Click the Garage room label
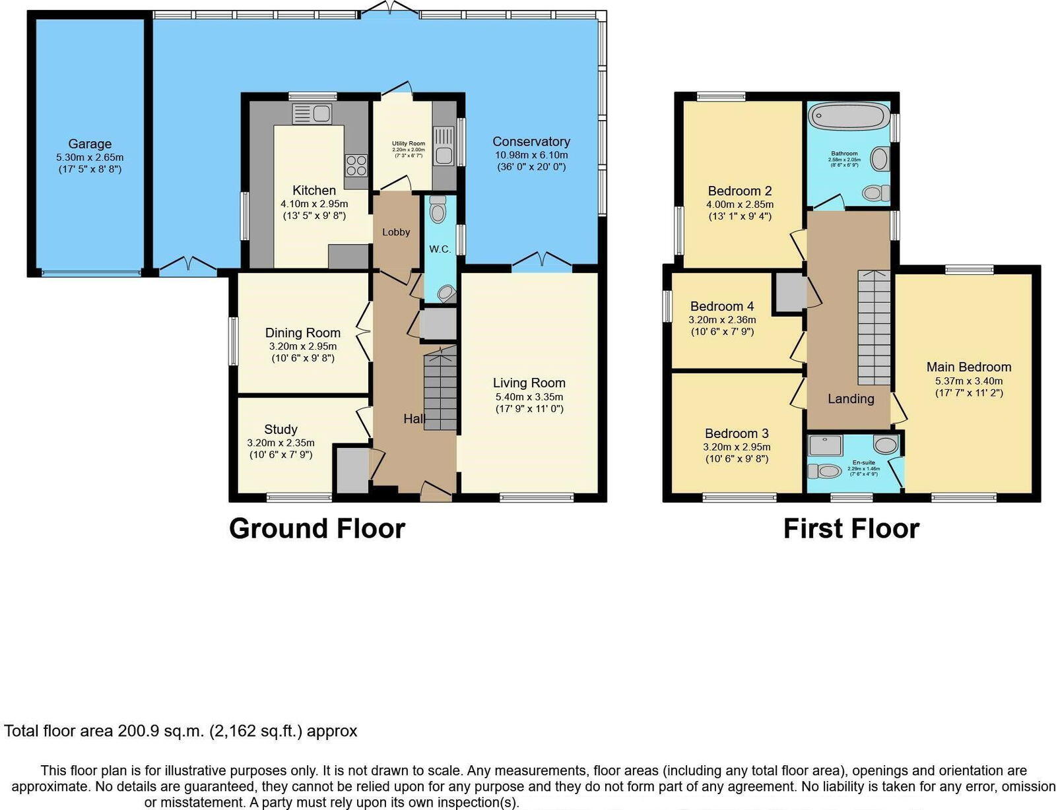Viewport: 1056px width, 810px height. point(90,144)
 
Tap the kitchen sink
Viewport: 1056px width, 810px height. point(312,114)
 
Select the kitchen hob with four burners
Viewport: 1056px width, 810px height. point(356,164)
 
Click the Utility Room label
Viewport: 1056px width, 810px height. point(408,143)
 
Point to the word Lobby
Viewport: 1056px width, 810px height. point(396,232)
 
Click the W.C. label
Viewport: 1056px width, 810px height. point(440,249)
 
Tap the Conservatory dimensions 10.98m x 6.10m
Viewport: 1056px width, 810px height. point(531,155)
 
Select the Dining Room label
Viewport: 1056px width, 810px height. point(303,333)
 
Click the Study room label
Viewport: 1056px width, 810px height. point(280,429)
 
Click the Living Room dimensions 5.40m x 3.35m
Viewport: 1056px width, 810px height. point(529,397)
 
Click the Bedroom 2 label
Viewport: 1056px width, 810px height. point(740,191)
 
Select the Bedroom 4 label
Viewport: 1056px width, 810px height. point(722,307)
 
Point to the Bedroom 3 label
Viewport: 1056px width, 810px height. point(737,433)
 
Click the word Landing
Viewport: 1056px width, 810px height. point(851,398)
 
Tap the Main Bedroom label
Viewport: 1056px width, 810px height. point(968,367)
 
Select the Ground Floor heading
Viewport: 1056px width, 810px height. point(317,529)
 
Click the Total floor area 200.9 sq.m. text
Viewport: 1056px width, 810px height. point(180,731)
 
